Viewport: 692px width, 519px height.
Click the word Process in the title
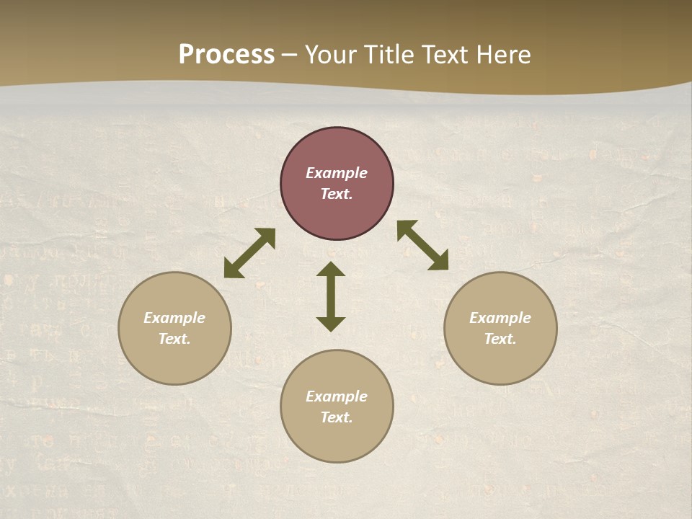click(x=226, y=55)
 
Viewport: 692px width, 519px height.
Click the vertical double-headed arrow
click(x=331, y=296)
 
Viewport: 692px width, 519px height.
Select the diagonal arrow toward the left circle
click(x=249, y=253)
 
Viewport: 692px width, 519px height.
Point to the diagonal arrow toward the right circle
click(x=423, y=246)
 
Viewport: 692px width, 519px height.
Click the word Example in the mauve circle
click(x=337, y=173)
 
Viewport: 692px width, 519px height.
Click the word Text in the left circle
click(x=174, y=339)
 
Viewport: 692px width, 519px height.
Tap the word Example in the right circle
click(x=500, y=318)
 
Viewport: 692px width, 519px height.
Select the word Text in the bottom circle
click(x=336, y=417)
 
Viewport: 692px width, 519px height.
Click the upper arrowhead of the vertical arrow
click(x=331, y=269)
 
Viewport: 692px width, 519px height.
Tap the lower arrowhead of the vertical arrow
click(x=331, y=324)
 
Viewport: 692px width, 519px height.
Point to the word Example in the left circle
click(x=174, y=318)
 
